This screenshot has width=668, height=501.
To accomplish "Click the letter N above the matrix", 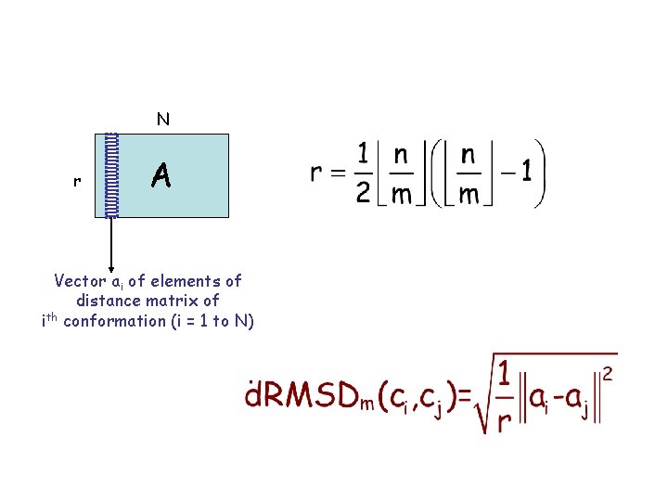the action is (x=163, y=119).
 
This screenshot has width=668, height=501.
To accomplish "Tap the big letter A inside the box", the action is (x=161, y=174).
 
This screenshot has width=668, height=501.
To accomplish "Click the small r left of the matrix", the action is (x=76, y=182).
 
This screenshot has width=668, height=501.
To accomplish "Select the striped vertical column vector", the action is (x=112, y=175).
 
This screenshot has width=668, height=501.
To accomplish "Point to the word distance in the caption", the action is (x=107, y=301).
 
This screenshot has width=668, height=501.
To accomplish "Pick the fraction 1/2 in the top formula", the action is (x=365, y=173).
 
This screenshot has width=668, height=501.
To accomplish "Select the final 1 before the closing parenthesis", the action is (x=526, y=173).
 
